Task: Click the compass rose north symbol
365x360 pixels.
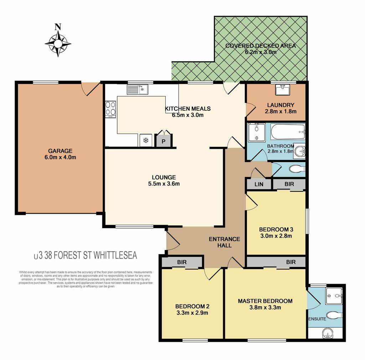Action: click(58, 41)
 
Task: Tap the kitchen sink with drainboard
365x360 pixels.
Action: click(137, 89)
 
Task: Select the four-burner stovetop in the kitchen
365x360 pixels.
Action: click(110, 109)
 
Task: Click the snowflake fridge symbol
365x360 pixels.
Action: click(146, 140)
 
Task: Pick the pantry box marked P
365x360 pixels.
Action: click(164, 141)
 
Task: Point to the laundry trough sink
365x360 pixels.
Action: click(283, 90)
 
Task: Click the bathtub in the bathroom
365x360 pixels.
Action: click(288, 132)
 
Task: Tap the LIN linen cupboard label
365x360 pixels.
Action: click(259, 184)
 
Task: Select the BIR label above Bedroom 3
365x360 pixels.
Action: click(289, 184)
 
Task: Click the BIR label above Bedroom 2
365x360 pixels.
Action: click(182, 262)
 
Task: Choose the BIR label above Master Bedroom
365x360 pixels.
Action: click(291, 262)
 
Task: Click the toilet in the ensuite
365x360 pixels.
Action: click(334, 315)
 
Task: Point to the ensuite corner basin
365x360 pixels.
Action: click(328, 334)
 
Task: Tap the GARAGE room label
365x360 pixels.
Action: click(60, 151)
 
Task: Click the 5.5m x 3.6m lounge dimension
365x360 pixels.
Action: click(164, 184)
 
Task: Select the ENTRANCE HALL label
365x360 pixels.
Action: click(225, 242)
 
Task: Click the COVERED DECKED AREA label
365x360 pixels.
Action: click(261, 46)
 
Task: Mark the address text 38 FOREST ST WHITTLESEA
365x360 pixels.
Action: click(91, 255)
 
